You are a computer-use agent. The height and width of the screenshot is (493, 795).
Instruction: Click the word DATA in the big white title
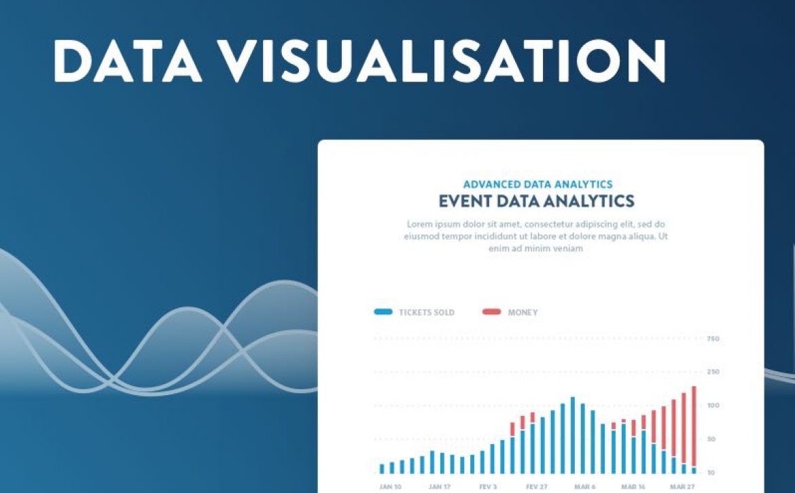(x=128, y=61)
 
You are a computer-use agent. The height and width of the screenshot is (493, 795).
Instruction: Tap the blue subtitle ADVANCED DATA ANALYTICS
(x=538, y=184)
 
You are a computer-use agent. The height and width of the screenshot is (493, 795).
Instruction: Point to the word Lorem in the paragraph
(x=420, y=224)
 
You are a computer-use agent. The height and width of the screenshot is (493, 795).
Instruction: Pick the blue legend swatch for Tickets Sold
(x=383, y=312)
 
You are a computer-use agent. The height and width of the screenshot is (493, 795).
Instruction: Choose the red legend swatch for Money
(x=491, y=312)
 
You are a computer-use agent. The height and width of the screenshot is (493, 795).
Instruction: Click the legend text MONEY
(x=523, y=312)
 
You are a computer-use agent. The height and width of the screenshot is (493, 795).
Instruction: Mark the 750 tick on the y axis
(x=713, y=339)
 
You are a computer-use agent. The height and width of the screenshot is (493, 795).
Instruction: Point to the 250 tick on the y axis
(x=713, y=372)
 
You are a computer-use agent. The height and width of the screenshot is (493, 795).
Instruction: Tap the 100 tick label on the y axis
(x=713, y=405)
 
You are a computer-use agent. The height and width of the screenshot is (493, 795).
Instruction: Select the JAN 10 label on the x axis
(x=390, y=486)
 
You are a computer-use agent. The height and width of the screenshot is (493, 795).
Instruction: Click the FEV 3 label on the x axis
(x=488, y=486)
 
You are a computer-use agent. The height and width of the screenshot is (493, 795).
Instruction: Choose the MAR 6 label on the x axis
(x=584, y=486)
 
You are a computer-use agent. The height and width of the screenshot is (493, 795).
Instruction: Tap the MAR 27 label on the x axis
(x=682, y=486)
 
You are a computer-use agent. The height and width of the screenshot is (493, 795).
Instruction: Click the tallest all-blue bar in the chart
(x=573, y=435)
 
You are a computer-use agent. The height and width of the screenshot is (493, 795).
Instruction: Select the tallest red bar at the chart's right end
(x=694, y=426)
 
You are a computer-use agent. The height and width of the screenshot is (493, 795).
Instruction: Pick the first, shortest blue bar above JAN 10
(x=382, y=469)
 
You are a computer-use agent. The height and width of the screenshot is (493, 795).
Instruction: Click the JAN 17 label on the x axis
(x=439, y=486)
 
